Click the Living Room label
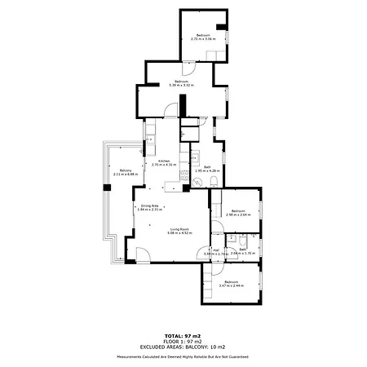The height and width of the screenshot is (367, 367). coord(179,229)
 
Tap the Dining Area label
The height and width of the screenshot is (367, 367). coord(151,206)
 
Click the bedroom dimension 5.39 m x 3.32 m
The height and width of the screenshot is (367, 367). coord(179,85)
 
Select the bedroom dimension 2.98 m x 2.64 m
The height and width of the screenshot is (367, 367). coord(237,216)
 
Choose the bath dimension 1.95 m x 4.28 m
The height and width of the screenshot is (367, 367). coord(208,170)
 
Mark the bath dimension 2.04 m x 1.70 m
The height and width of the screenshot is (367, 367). coord(243,254)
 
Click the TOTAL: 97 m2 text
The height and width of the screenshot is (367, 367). coord(183,335)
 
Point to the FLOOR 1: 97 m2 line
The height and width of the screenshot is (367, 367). coord(183,340)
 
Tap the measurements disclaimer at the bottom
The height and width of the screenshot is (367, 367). coord(183,356)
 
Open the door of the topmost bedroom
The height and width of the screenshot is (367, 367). coord(214,53)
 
